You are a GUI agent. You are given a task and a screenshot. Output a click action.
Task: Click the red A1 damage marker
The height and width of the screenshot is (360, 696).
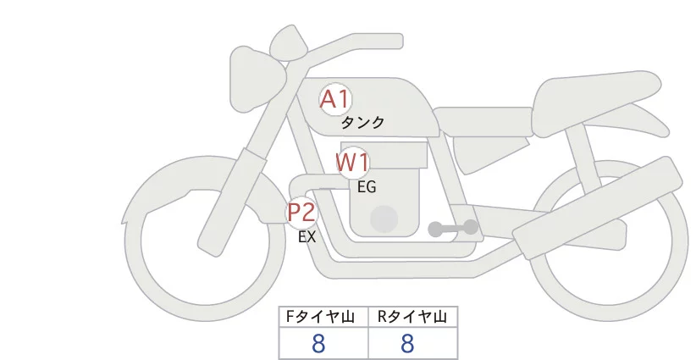334,99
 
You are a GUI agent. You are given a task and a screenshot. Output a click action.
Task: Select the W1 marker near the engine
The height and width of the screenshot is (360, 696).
352,162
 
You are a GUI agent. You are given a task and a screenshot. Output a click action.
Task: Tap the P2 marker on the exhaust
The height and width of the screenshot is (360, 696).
301,212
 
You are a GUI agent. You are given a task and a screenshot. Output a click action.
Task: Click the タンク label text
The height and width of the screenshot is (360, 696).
363,122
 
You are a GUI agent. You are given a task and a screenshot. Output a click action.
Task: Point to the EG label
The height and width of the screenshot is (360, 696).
367,187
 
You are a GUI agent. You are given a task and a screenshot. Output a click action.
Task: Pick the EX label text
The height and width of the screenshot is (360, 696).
307,237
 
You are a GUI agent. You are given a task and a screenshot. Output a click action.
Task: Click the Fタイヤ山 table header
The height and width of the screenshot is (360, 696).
323,318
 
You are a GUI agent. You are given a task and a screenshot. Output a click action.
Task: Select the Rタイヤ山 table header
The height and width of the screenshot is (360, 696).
412,318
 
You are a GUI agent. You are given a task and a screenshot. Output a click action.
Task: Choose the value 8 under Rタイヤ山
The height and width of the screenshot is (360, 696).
407,343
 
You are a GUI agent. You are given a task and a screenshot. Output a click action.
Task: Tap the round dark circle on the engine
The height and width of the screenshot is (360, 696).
384,218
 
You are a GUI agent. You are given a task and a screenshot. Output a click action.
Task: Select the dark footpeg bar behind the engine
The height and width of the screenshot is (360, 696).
453,229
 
